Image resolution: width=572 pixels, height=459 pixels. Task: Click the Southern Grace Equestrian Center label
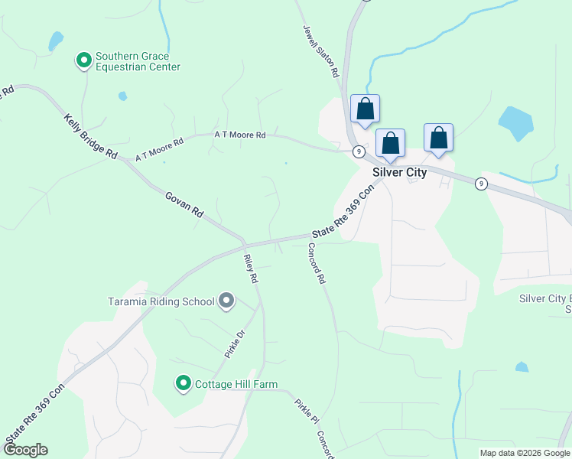138,61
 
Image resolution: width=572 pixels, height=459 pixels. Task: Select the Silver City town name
399,172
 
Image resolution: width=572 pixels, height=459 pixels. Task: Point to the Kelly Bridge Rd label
90,136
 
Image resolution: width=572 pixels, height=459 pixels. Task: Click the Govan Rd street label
184,205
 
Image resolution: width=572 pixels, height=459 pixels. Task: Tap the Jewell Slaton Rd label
320,51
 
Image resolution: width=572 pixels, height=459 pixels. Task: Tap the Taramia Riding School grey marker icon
226,301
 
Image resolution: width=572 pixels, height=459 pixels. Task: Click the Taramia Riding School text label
161,301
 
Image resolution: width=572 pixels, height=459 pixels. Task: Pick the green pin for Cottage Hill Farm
183,383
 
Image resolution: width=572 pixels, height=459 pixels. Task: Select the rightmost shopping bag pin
438,138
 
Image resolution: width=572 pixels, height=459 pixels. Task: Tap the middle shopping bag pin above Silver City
390,143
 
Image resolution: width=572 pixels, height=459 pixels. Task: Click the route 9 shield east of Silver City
480,184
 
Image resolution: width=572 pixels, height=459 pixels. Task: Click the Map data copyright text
525,453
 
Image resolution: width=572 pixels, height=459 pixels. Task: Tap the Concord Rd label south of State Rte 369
317,264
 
